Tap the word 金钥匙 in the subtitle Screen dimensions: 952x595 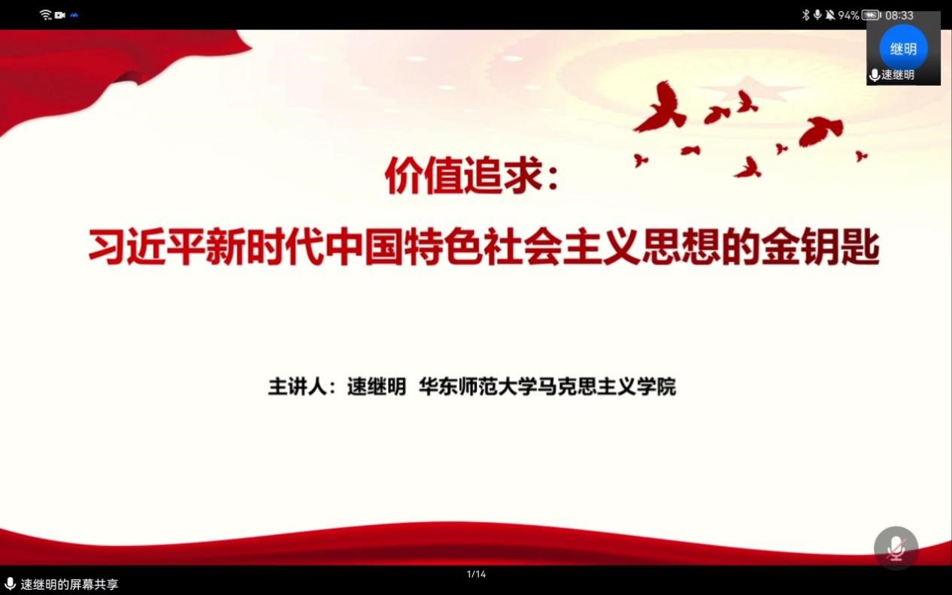tap(820, 247)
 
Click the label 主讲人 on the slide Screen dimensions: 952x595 tap(297, 386)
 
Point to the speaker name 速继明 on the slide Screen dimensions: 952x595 tap(377, 386)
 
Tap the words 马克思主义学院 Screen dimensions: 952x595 tap(607, 386)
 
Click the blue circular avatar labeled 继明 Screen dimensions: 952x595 tap(904, 48)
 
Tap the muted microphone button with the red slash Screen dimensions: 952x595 tap(896, 548)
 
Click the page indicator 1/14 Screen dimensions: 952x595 tap(476, 574)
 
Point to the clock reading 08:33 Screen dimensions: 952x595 tap(899, 16)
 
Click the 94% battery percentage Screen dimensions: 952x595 tap(848, 16)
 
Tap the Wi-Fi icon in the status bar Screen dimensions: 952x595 tap(45, 15)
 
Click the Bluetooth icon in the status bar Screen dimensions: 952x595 tap(805, 15)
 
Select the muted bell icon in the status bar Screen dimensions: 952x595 tap(829, 15)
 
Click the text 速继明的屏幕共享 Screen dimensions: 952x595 tap(69, 584)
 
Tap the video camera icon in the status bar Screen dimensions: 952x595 tap(60, 15)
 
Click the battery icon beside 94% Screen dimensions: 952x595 tap(872, 15)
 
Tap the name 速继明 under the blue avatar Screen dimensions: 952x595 tap(898, 75)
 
